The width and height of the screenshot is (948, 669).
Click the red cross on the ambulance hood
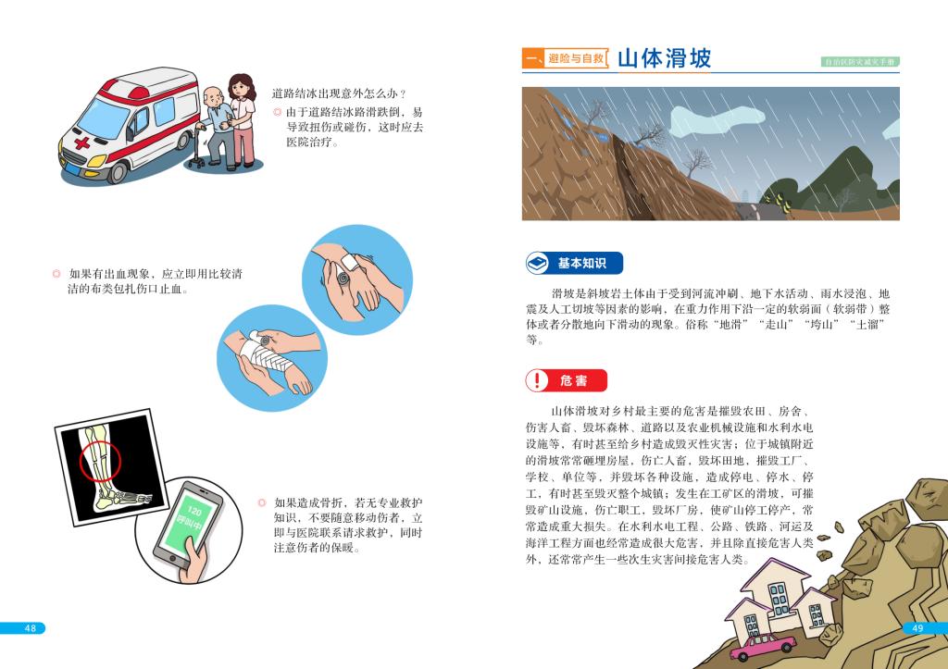(x=82, y=142)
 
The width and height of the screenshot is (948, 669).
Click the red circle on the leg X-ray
(x=100, y=461)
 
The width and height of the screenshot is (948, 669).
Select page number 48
(x=31, y=628)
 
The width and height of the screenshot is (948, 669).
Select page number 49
(x=917, y=628)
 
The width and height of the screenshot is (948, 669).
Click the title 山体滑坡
(x=664, y=58)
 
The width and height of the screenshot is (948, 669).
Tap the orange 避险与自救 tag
(x=576, y=58)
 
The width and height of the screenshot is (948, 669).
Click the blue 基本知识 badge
(x=574, y=263)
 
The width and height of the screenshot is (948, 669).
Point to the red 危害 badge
(x=566, y=380)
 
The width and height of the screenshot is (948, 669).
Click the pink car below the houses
(x=763, y=646)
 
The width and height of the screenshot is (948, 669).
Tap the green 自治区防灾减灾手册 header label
(x=860, y=61)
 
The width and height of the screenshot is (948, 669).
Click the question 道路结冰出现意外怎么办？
(x=339, y=93)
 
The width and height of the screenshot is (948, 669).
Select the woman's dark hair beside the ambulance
(x=243, y=86)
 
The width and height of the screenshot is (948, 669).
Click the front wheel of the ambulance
(x=116, y=173)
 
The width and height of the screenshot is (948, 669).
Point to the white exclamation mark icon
(x=536, y=380)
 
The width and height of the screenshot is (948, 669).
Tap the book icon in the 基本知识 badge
(x=536, y=263)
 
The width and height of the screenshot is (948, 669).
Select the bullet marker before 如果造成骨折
(x=262, y=502)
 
